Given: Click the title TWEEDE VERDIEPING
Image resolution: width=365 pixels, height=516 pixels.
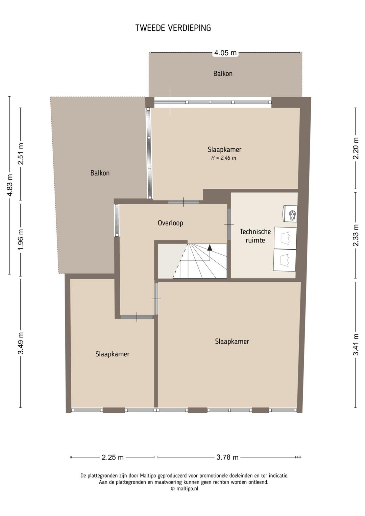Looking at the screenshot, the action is [x=173, y=28].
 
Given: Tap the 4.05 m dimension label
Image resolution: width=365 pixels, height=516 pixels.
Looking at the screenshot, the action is [x=225, y=53].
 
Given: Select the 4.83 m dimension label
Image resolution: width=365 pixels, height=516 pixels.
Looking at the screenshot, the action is [x=10, y=185].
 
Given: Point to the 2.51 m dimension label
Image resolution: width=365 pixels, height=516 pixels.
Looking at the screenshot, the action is [x=21, y=154].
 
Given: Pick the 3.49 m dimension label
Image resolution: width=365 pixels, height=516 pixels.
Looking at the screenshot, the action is [x=21, y=343].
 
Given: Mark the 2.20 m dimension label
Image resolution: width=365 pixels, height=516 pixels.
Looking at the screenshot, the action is [x=356, y=148].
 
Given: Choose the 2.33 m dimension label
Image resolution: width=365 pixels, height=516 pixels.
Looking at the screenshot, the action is [x=356, y=235].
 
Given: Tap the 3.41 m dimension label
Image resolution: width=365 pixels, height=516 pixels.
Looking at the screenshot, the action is [x=356, y=345].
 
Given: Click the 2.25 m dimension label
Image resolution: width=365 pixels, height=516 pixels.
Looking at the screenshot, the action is [x=113, y=457].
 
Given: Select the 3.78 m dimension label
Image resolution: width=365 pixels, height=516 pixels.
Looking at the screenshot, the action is [x=227, y=457].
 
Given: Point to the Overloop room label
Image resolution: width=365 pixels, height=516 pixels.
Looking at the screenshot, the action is [x=170, y=223].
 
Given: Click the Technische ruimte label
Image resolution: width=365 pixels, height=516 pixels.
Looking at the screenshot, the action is [x=255, y=236].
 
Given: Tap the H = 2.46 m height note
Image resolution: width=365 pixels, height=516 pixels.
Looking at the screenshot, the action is [x=224, y=158].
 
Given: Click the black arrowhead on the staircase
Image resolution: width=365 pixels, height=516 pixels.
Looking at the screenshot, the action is [x=210, y=248].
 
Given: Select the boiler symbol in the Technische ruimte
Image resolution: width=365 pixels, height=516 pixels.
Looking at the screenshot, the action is [x=290, y=213].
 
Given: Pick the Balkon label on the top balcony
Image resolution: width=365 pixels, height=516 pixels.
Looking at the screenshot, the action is [x=223, y=74].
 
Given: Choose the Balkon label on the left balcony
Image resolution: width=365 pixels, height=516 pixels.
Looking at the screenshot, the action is [x=100, y=173].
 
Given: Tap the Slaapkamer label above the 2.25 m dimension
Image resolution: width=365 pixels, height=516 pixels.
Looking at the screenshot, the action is [x=113, y=354].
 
